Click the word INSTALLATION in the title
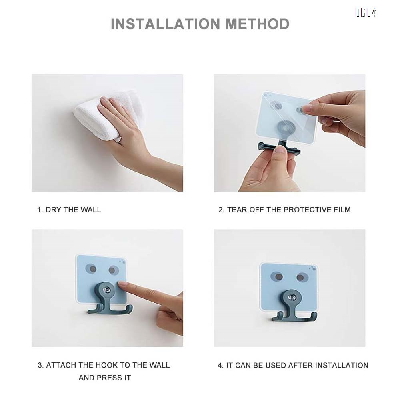pos(166,24)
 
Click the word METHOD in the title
pos(257,24)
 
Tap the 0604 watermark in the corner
pos(366,13)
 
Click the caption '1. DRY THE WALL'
pos(69,210)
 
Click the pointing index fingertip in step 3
pos(122,285)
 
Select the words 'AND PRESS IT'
pos(105,378)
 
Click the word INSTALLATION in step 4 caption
pos(342,365)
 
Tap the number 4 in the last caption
pos(220,365)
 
